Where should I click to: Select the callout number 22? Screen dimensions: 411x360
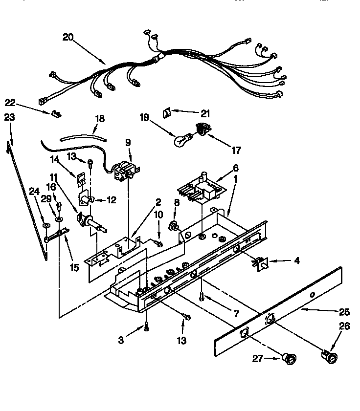point(10,102)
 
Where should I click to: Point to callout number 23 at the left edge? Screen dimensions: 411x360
point(9,117)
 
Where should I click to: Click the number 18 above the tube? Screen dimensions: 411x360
point(99,119)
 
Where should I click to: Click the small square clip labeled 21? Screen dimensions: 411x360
point(166,112)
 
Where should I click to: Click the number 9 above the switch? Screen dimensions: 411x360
point(128,143)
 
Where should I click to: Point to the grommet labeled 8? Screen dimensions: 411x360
point(173,226)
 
